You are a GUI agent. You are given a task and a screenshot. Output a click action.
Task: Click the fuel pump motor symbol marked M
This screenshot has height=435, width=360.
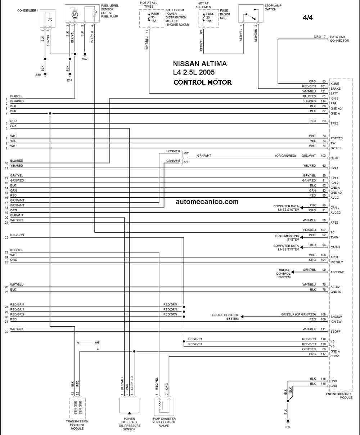point(75,15)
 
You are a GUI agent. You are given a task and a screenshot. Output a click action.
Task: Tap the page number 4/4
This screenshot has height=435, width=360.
point(308,18)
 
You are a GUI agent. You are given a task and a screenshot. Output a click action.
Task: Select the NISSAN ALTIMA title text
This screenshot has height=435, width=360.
point(200,64)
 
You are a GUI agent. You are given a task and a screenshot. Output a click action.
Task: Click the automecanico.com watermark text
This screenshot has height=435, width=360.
point(207,202)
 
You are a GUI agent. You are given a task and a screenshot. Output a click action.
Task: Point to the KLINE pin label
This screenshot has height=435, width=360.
point(335,84)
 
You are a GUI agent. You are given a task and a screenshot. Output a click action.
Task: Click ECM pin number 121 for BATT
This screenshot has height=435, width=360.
point(323,91)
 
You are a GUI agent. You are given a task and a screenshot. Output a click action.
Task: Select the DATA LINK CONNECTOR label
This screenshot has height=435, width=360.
point(339,39)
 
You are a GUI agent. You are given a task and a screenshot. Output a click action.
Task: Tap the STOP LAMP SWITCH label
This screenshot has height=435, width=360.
point(273,8)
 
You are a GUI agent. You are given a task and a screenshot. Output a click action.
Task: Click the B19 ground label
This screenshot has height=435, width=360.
point(38,75)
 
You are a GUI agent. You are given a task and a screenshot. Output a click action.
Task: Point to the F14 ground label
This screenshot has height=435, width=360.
point(288,427)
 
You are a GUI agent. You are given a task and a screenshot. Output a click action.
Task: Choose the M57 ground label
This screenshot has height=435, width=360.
point(85,59)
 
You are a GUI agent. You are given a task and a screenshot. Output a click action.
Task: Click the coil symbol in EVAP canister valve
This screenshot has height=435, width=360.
point(160,406)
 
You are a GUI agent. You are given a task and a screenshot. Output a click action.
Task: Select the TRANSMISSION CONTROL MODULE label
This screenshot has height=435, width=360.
point(77,425)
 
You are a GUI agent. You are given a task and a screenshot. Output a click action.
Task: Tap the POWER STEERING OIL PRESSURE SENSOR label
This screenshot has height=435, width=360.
point(129,424)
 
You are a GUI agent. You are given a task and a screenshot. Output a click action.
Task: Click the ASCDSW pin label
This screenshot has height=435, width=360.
point(337,272)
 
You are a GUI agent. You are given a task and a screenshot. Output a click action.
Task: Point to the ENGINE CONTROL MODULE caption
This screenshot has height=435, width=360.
point(339,396)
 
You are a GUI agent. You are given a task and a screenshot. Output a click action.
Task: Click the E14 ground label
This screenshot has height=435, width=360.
point(69,80)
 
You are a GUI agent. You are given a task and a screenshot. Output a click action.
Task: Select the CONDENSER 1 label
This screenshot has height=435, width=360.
point(28,10)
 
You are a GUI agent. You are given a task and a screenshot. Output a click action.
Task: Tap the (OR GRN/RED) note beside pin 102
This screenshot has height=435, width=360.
point(285,156)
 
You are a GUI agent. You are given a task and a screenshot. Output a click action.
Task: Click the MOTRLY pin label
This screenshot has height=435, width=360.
point(337,262)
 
